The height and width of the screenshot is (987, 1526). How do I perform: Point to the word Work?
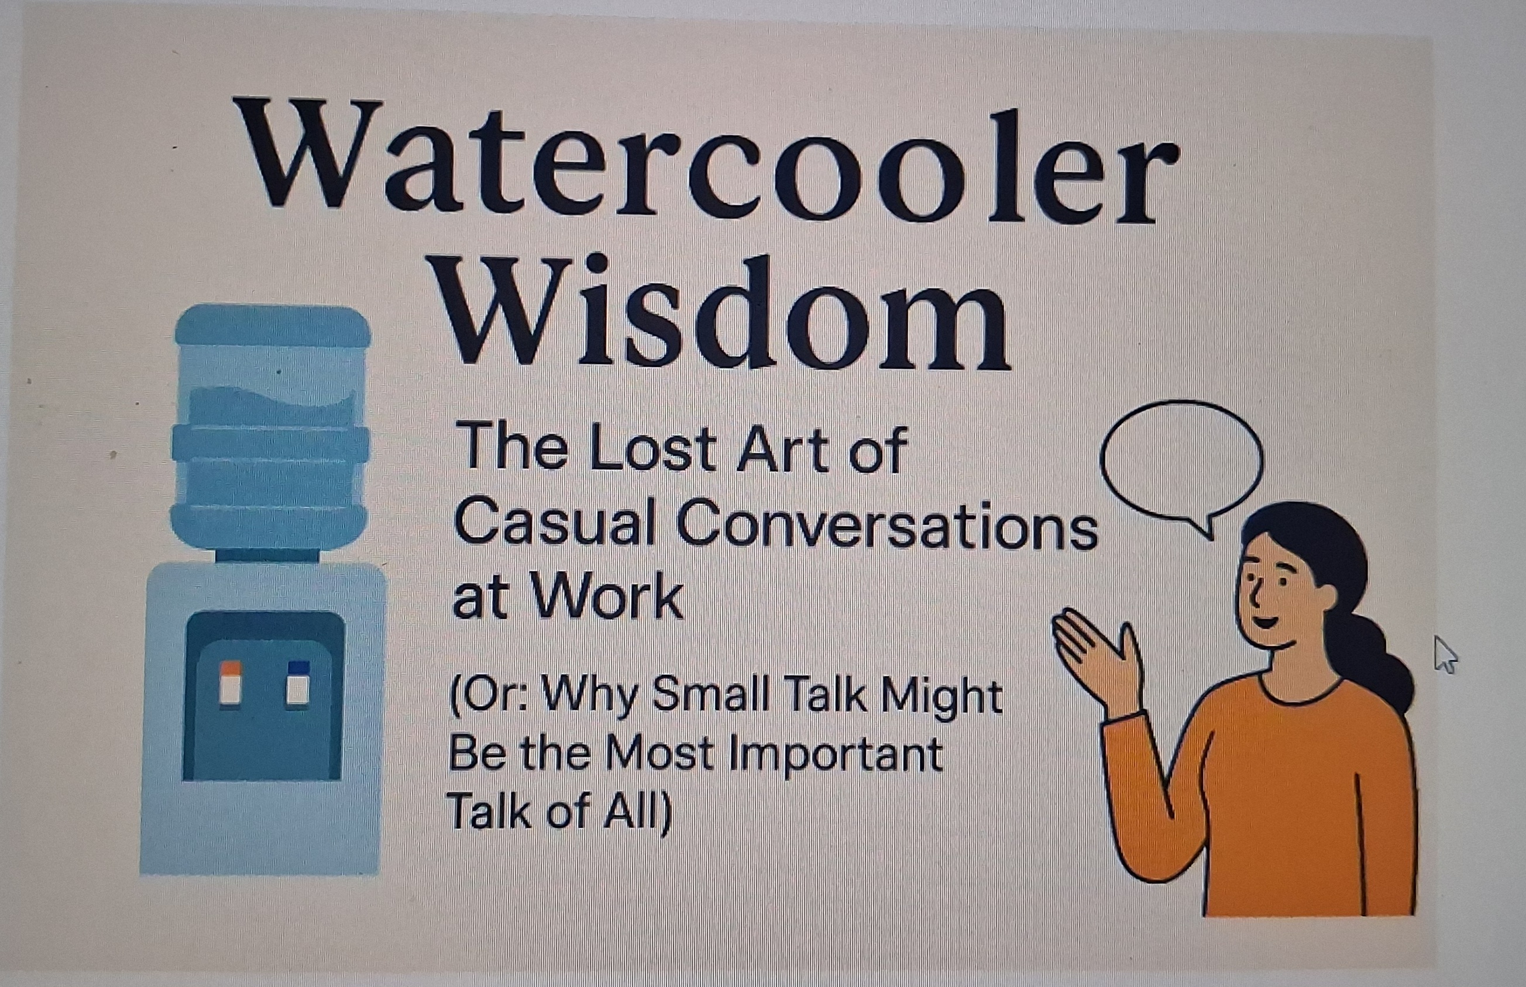pyautogui.click(x=607, y=596)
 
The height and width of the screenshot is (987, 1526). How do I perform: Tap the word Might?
pyautogui.click(x=941, y=698)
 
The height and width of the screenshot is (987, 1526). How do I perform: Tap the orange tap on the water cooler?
pyautogui.click(x=231, y=685)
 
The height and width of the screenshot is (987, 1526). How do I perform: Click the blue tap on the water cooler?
pyautogui.click(x=298, y=683)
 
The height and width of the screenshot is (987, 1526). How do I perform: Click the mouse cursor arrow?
pyautogui.click(x=1445, y=654)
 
